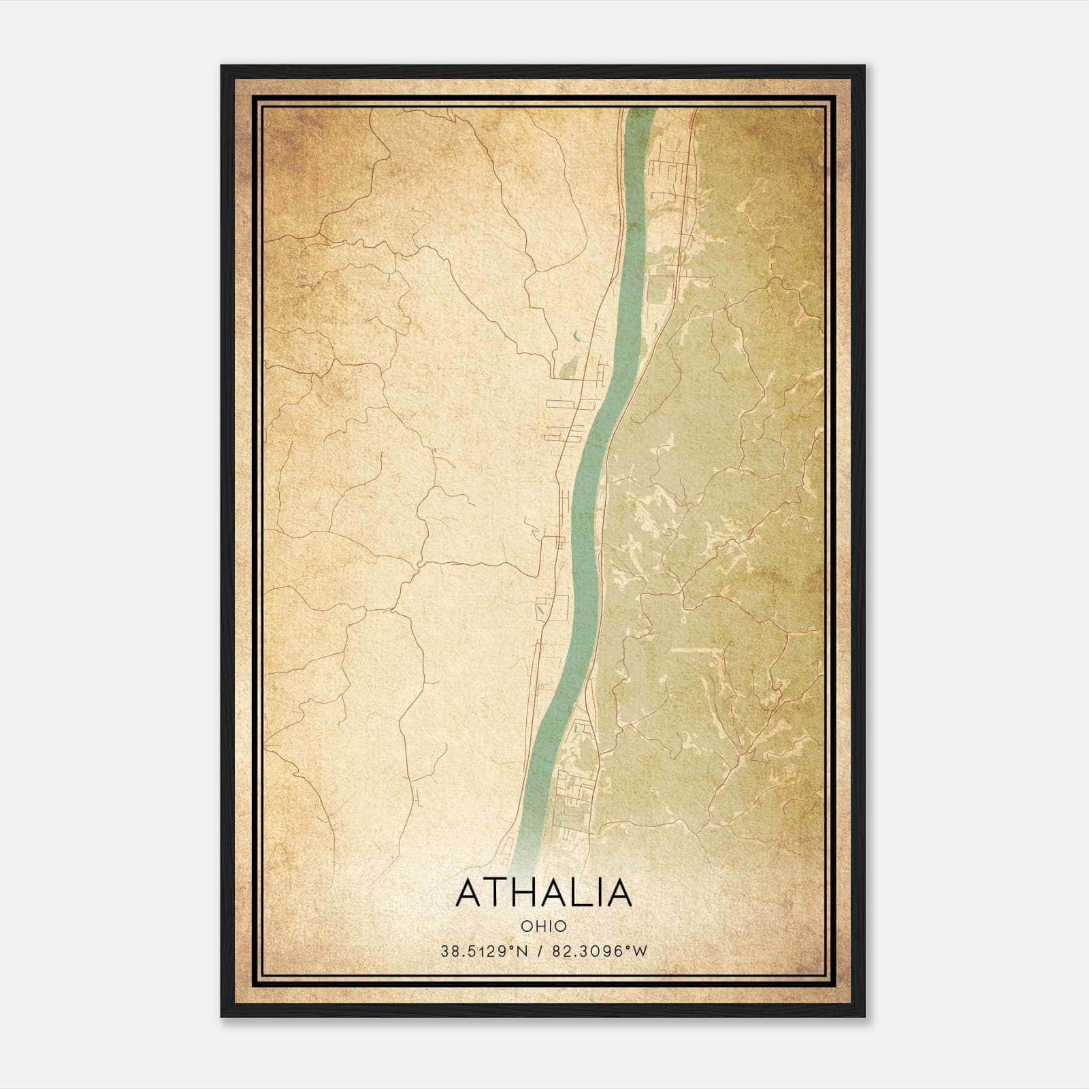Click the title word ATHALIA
[544, 892]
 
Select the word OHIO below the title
[544, 926]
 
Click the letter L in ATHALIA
[585, 892]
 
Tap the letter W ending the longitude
[640, 951]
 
